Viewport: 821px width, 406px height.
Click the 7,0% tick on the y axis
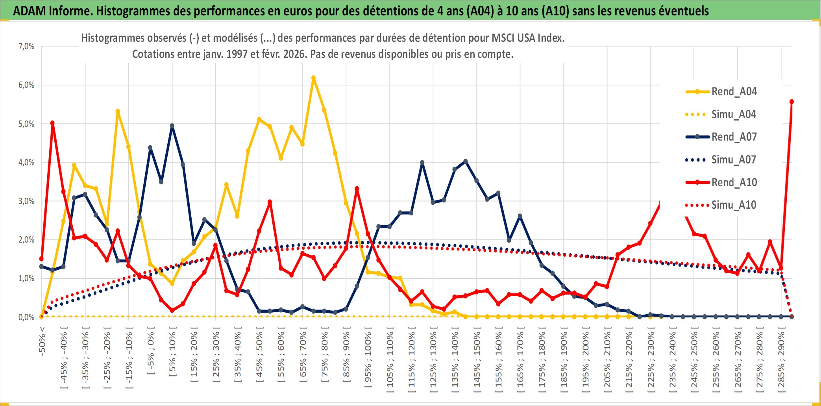pos(26,46)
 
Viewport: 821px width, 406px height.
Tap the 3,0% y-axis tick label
pos(26,201)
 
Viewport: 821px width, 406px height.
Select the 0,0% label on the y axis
pos(26,317)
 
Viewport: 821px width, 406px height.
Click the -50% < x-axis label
pos(43,341)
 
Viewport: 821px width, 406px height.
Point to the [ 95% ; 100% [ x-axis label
pos(368,359)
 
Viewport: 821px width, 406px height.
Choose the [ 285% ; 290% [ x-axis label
pos(781,359)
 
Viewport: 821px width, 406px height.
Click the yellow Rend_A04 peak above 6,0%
pos(313,78)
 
